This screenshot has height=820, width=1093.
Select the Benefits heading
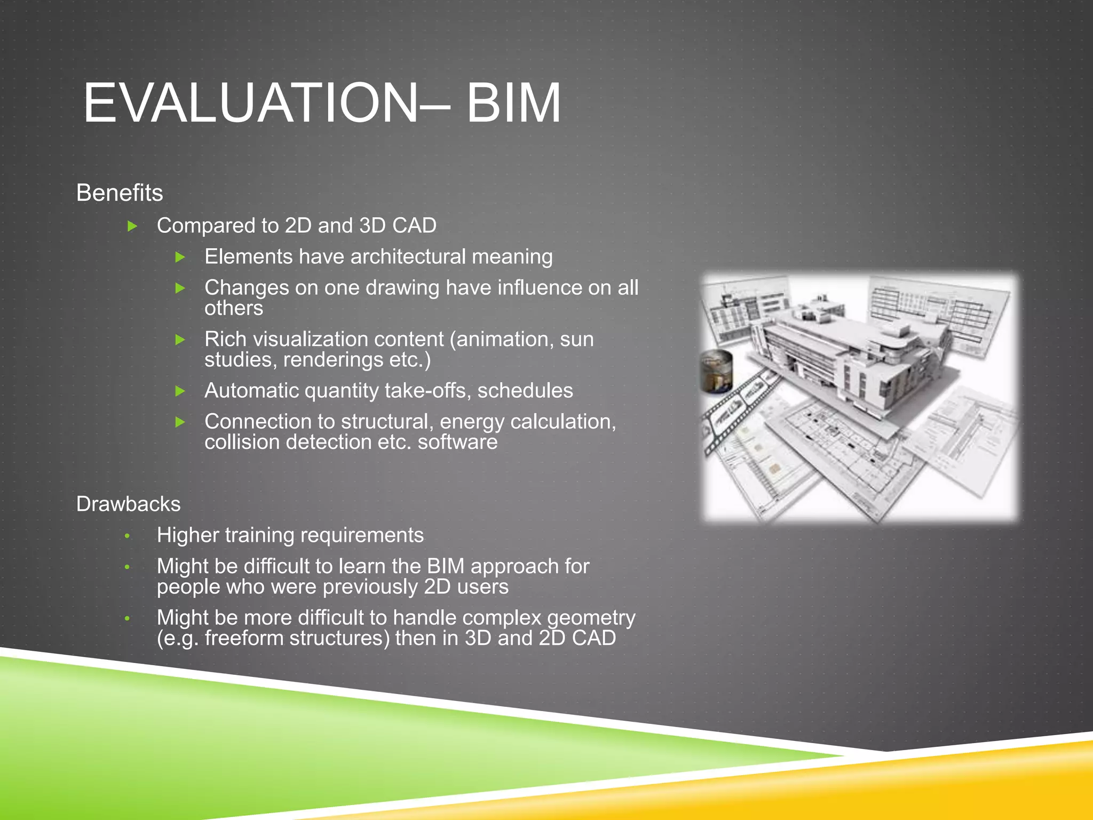[120, 193]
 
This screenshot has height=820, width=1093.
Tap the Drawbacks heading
[128, 504]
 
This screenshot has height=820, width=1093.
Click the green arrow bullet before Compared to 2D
[132, 226]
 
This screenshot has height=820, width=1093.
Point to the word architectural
[408, 257]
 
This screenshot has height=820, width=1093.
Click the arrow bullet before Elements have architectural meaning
[180, 257]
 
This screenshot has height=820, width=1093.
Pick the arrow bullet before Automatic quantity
[180, 391]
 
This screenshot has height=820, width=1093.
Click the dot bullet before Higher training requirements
[127, 536]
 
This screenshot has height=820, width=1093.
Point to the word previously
[370, 587]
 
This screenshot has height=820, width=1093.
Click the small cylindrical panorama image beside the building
[716, 371]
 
